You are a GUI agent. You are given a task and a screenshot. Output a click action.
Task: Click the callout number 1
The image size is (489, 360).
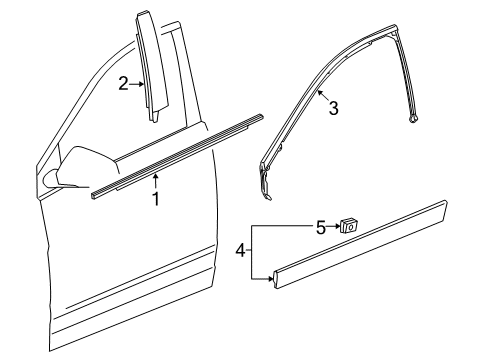(x=156, y=198)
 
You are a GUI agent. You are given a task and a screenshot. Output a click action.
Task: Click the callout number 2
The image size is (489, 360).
(x=123, y=84)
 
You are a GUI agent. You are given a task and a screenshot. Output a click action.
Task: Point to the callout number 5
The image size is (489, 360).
(x=320, y=227)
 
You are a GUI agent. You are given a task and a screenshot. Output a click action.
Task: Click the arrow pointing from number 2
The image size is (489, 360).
(x=139, y=84)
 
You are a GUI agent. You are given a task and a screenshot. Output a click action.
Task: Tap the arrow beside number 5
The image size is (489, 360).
(x=334, y=227)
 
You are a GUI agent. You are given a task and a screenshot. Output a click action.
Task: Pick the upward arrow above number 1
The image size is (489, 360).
(x=156, y=180)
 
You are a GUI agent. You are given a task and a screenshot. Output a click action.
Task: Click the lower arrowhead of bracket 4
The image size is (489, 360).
(x=271, y=282)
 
